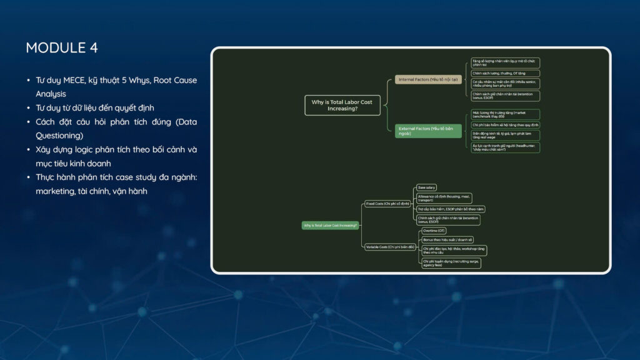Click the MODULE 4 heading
[62, 47]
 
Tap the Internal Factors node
[427, 79]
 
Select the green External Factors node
[428, 131]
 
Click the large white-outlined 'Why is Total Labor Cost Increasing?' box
[342, 105]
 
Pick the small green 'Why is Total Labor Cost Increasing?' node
[331, 225]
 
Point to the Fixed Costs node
[387, 204]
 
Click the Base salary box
[426, 187]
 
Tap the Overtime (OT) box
[434, 231]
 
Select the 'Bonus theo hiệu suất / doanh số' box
[448, 239]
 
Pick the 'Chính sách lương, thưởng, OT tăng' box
[505, 73]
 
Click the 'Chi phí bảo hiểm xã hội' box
[505, 124]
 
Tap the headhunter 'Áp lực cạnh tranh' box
[505, 147]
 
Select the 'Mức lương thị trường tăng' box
[505, 114]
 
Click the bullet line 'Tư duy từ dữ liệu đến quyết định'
[95, 107]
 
